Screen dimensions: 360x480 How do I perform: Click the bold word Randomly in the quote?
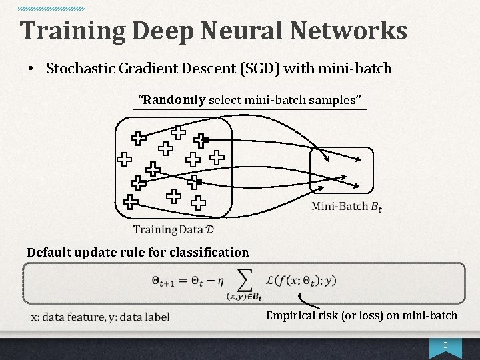(x=175, y=100)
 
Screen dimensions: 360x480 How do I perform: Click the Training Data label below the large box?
(x=173, y=230)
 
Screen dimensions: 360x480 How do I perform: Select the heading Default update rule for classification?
(x=137, y=252)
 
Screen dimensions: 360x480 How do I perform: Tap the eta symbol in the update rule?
(x=216, y=281)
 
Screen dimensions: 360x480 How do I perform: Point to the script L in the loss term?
(x=270, y=281)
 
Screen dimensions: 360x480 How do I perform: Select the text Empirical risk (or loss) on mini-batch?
(x=361, y=315)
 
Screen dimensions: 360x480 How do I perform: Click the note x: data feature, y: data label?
(x=101, y=317)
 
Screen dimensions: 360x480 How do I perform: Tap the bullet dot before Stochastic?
(x=31, y=69)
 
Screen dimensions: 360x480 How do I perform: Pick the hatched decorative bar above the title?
(x=51, y=9)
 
